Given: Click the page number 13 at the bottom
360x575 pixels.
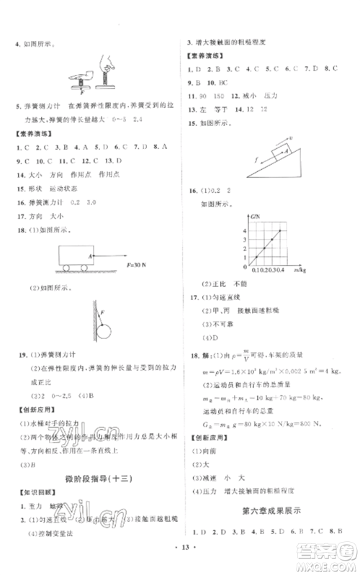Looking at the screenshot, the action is pos(180,563).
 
